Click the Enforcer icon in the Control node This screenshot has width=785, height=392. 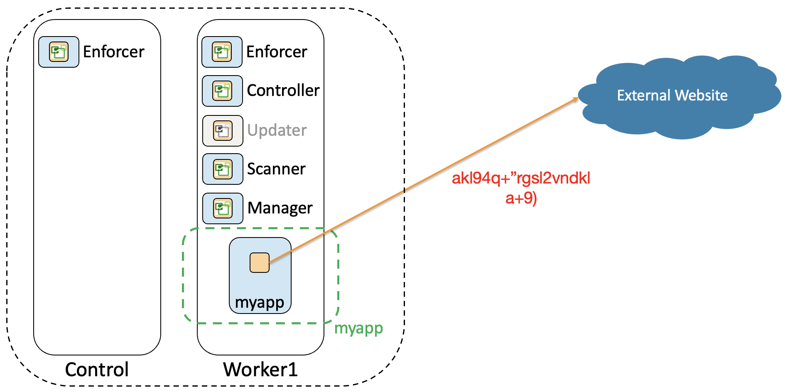click(x=59, y=52)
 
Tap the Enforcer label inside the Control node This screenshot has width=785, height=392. click(x=113, y=52)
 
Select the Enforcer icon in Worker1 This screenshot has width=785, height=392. click(x=222, y=52)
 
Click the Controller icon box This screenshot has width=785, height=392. click(x=222, y=91)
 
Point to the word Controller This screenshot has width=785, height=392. click(x=283, y=91)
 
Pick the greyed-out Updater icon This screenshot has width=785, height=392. click(x=223, y=131)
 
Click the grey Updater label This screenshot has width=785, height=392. click(x=277, y=130)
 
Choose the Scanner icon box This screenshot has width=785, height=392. click(x=223, y=169)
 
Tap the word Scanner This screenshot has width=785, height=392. click(x=276, y=169)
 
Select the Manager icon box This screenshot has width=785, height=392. click(x=223, y=208)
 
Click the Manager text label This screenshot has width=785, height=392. click(x=280, y=208)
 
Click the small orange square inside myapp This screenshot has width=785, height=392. click(x=260, y=263)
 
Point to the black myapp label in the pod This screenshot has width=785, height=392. click(x=260, y=303)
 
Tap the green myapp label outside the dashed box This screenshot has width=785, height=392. click(x=358, y=328)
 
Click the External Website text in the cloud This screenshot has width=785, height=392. click(x=672, y=96)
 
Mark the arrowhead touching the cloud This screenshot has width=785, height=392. click(x=575, y=99)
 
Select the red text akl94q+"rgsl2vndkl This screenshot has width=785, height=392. click(x=521, y=178)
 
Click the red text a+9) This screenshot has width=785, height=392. click(x=521, y=198)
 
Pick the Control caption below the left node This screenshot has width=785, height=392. click(x=97, y=370)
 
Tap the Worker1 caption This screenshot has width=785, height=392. click(x=260, y=370)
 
